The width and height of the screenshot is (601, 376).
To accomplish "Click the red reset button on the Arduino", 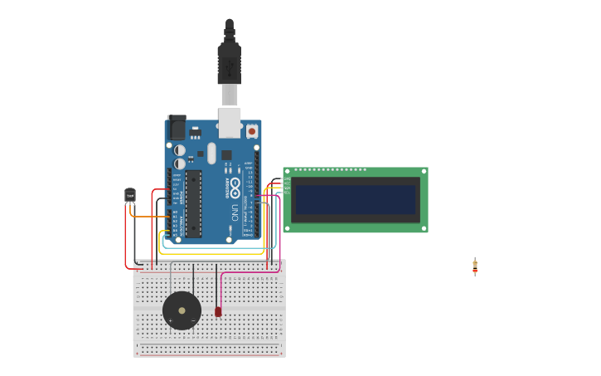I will tap(252, 131).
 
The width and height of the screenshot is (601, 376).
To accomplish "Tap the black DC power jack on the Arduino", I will tap(177, 128).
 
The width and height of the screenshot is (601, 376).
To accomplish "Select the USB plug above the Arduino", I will tap(230, 62).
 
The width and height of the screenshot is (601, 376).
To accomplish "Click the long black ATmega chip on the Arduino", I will tap(193, 203).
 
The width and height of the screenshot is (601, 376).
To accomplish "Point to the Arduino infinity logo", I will tap(235, 184).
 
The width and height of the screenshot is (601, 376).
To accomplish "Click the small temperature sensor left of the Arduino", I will tap(129, 195).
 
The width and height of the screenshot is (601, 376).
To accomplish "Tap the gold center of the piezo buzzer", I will tap(182, 310).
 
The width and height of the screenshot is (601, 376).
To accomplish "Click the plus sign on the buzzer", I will tap(171, 320).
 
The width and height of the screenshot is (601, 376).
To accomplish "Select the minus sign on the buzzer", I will tap(193, 320).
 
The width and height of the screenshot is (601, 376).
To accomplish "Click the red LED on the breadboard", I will tap(218, 311).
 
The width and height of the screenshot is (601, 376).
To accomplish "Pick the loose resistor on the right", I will tap(475, 266).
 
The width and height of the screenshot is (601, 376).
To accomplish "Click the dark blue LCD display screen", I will tap(356, 199).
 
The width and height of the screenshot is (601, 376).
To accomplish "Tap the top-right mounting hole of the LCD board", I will tap(424, 171).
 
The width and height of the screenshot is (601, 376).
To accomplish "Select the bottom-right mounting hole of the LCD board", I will tap(424, 228).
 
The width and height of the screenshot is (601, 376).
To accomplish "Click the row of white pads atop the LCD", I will tap(330, 170).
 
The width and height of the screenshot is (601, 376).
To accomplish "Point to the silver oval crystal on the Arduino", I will tap(211, 153).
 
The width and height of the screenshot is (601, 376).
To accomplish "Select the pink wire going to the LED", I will tap(249, 272).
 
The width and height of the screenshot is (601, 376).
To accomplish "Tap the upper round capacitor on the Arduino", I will tap(180, 150).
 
